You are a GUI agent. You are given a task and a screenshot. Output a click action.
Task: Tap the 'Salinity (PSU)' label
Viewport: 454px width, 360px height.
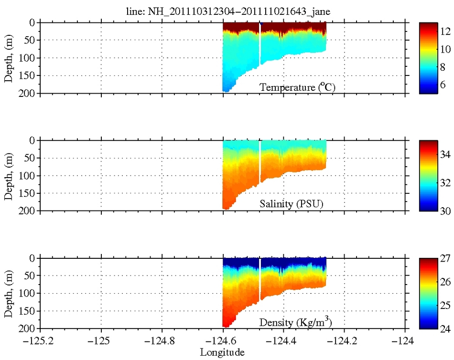[291, 204]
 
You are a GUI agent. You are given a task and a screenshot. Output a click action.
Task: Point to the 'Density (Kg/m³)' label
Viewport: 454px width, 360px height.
[295, 322]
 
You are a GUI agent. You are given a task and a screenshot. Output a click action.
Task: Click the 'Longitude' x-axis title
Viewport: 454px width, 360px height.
[222, 353]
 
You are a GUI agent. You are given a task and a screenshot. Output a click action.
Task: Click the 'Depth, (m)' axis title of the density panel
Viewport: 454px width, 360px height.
[8, 293]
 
